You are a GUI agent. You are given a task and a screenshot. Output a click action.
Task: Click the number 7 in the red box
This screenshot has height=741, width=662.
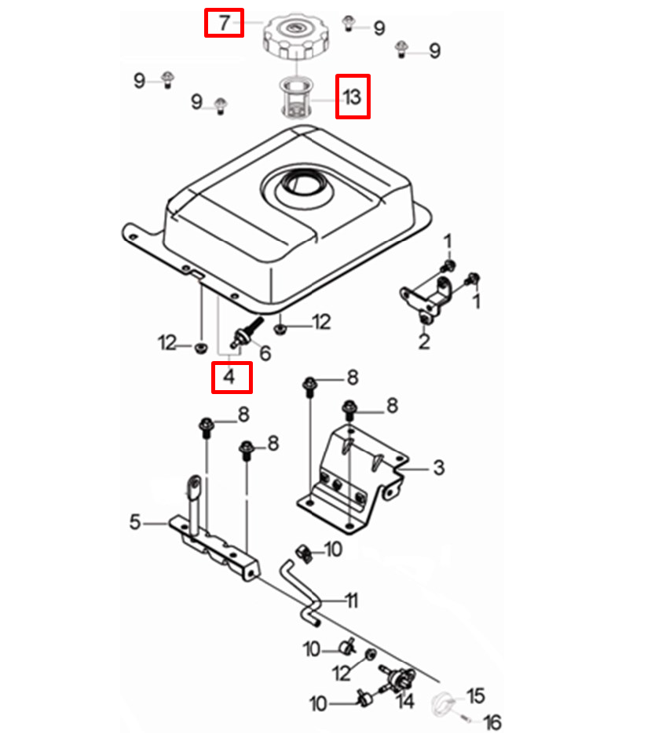coord(224,23)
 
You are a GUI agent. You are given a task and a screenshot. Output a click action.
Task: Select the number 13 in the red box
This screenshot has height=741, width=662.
coord(352,97)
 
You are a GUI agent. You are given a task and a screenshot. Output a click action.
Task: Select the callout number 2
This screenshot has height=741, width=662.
coord(423,341)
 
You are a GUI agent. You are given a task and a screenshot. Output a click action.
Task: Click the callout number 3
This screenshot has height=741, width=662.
coord(438,468)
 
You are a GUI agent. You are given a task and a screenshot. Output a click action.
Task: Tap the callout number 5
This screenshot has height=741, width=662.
coord(135,520)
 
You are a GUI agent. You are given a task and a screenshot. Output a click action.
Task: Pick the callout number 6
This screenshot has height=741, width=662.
coord(265,353)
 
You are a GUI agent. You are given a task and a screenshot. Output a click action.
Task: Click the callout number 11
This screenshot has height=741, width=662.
coord(351,601)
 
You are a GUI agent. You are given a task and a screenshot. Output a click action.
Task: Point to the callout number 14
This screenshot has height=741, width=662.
coord(405,701)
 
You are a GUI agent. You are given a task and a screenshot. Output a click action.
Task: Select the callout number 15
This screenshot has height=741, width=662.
coord(476,695)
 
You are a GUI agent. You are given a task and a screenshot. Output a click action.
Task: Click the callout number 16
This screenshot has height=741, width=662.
coord(492,723)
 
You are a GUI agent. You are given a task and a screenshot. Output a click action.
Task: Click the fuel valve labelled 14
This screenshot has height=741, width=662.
coord(398,677)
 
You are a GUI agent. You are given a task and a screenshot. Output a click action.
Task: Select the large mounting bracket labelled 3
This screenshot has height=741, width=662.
coord(349,480)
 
